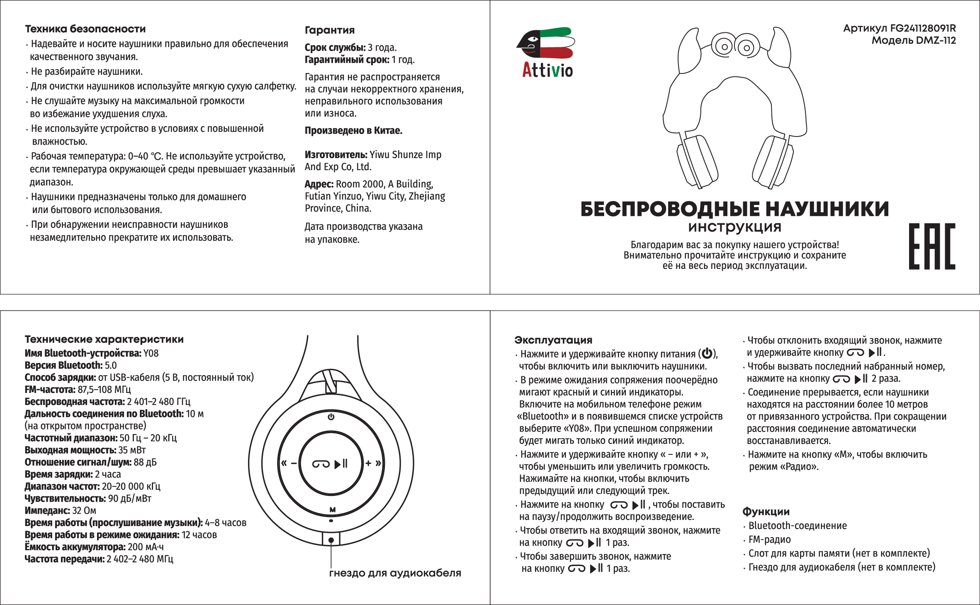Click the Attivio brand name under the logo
[547, 70]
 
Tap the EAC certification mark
[931, 246]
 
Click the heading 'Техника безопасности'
[85, 29]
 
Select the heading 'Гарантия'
[330, 30]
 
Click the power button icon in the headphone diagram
[331, 417]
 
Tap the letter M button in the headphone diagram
[332, 510]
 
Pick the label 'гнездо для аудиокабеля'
[395, 573]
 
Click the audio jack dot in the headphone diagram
[331, 540]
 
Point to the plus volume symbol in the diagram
[368, 463]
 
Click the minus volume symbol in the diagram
[294, 464]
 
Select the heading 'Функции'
[766, 512]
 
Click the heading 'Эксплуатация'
[553, 340]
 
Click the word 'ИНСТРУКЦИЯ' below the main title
[734, 227]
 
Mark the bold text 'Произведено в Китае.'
[353, 131]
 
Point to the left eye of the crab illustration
[724, 46]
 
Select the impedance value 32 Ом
[84, 510]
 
